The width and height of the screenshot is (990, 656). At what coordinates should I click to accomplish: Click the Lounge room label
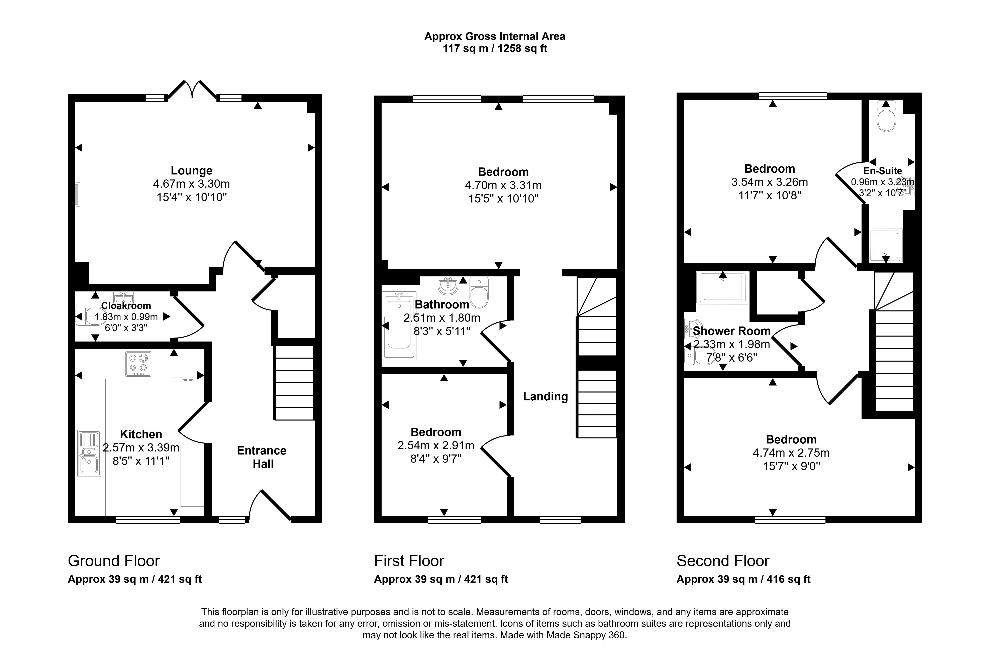coord(191,171)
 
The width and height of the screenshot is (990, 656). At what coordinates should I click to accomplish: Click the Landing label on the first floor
coord(546,397)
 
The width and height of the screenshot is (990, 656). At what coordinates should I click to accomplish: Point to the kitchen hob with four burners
coord(138,364)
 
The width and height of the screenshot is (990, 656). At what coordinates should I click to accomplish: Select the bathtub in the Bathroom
coord(399,325)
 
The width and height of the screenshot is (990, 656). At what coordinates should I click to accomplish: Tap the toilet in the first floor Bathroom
coord(479,292)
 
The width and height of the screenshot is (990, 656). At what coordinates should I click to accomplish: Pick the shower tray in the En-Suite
coord(886,246)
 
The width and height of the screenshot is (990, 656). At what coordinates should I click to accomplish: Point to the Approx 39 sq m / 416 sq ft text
coord(744,579)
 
